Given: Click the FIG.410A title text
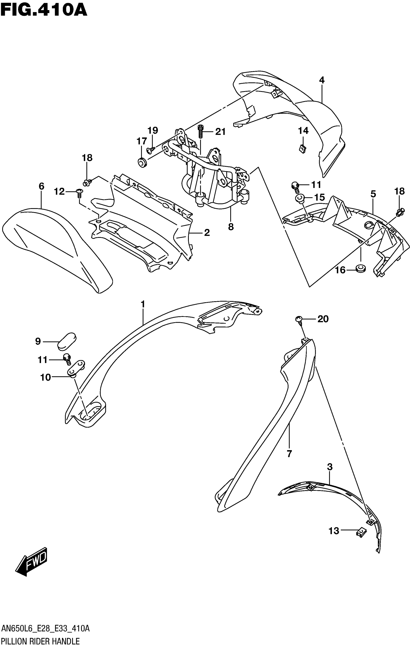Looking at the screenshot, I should tap(44, 11).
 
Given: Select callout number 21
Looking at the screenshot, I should tap(220, 132).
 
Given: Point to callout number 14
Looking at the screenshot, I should tap(303, 131).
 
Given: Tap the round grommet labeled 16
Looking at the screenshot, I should tap(360, 268).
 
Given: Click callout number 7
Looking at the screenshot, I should tap(289, 454).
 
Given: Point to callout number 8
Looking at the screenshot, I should tap(231, 227).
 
